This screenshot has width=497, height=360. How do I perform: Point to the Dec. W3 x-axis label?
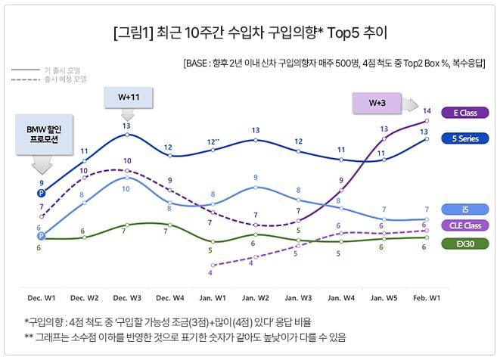(x=127, y=298)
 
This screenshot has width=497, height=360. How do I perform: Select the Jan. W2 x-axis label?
(x=256, y=298)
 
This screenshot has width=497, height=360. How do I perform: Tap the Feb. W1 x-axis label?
(x=427, y=298)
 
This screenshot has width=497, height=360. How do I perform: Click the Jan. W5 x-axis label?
(x=384, y=298)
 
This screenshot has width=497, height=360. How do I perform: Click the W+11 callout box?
(x=127, y=98)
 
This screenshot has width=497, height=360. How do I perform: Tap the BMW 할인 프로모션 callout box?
(x=42, y=135)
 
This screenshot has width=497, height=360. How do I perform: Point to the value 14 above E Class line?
(x=427, y=111)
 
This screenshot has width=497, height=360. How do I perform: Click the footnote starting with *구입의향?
(x=167, y=321)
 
